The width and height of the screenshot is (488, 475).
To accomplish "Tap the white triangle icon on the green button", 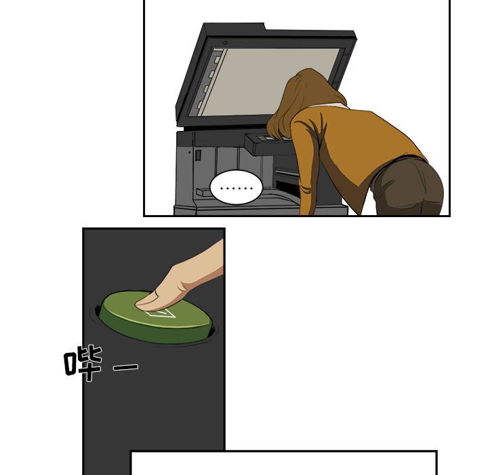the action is (x=162, y=313).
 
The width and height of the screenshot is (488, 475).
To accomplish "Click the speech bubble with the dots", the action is (x=237, y=188).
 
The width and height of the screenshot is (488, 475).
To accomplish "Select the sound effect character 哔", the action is (x=83, y=363).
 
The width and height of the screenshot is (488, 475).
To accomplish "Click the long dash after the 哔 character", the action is (x=126, y=367).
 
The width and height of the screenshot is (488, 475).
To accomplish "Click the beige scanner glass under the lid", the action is (x=268, y=81).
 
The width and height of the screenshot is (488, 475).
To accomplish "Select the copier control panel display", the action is (x=267, y=138).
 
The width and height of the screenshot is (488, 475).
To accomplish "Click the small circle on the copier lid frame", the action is (x=225, y=42).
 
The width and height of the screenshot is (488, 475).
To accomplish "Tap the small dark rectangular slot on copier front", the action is (x=198, y=155).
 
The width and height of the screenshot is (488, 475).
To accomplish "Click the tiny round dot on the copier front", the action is (x=189, y=153).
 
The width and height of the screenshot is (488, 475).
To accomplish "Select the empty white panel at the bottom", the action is (x=284, y=463).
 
